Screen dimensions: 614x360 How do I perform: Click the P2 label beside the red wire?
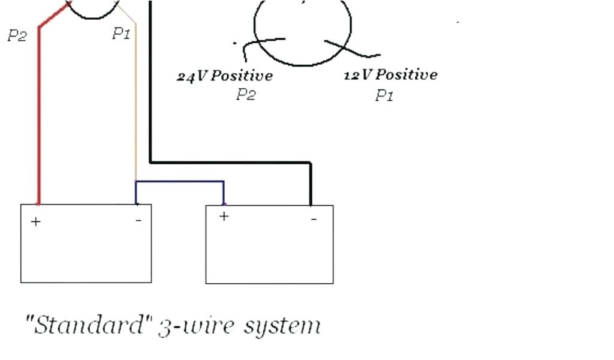(17, 36)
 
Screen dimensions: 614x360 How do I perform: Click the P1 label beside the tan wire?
(121, 34)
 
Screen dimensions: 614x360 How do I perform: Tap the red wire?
(39, 120)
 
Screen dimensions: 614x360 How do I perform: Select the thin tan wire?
(136, 108)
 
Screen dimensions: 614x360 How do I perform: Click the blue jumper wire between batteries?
(180, 181)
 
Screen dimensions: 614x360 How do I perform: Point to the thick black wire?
(150, 90)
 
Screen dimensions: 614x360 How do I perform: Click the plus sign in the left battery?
(36, 222)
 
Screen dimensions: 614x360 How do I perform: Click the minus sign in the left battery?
(139, 221)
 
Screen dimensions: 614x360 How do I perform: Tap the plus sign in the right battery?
(224, 217)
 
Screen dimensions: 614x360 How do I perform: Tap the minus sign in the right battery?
(314, 219)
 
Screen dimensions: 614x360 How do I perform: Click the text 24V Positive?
(225, 76)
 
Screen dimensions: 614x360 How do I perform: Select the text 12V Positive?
(390, 75)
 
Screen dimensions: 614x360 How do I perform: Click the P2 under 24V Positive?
(246, 95)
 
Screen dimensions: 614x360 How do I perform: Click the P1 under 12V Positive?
(384, 95)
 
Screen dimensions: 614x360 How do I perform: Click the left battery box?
(86, 252)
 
